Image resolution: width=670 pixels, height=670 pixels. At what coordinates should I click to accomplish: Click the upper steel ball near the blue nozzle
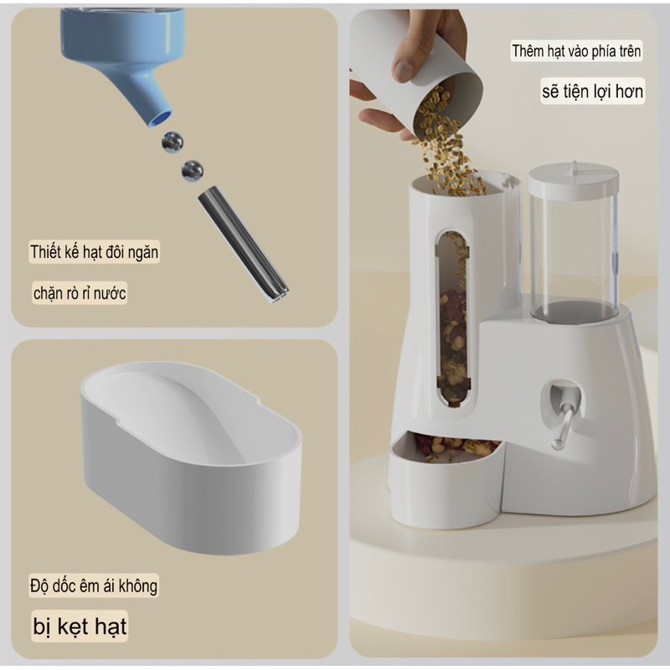173,142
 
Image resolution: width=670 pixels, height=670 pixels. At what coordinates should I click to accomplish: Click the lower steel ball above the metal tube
193,170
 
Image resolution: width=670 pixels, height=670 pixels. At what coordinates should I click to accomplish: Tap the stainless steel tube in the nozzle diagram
243,244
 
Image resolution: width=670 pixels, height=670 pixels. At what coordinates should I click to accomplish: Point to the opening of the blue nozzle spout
160,118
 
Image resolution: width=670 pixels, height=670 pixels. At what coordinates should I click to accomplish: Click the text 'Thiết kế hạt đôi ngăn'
94,252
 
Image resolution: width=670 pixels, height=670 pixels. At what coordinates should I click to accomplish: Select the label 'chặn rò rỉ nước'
80,293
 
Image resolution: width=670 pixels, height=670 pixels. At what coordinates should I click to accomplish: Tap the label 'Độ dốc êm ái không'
94,585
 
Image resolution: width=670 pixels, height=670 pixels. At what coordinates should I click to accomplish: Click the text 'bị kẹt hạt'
80,626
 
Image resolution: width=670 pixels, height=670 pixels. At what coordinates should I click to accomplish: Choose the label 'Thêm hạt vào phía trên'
576,51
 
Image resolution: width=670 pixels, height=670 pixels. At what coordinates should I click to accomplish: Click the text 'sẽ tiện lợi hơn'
593,91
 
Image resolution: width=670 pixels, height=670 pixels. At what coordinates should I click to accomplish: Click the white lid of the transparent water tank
574,178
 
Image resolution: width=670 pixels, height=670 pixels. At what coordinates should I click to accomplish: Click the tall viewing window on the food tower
452,318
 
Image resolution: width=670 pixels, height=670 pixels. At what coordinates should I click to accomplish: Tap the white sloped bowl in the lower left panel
191,456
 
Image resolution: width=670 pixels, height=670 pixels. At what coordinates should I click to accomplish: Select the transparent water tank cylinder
574,252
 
